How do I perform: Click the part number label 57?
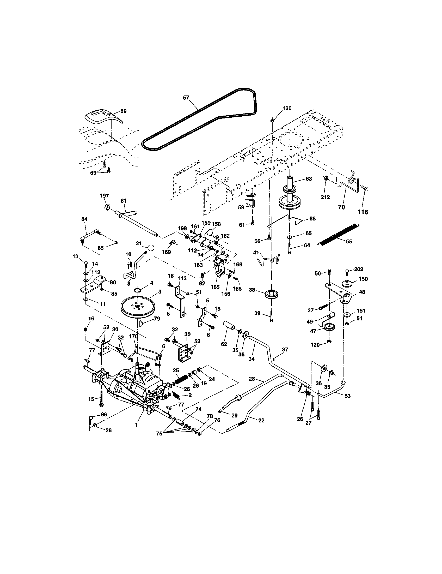(x=186, y=98)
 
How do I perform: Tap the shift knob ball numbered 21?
(x=151, y=248)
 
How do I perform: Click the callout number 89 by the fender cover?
(x=123, y=111)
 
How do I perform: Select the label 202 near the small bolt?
(x=359, y=269)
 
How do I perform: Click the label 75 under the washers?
(x=159, y=434)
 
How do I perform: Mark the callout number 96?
(x=104, y=415)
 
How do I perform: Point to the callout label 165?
(x=215, y=287)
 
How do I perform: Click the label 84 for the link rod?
(x=84, y=219)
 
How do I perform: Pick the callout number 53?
(x=347, y=396)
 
